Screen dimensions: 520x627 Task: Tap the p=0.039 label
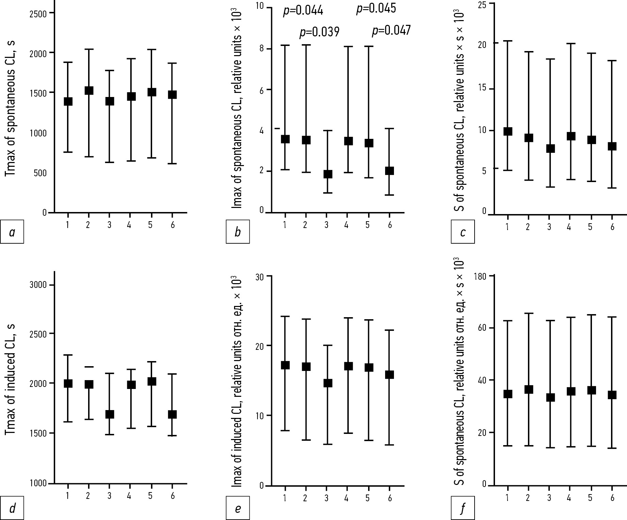point(319,32)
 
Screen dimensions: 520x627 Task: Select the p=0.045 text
point(376,9)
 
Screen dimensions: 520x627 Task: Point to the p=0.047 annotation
point(391,30)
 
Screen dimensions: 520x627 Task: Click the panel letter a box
point(12,232)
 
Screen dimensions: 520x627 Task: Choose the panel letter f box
point(463,508)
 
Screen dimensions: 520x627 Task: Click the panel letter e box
point(237,508)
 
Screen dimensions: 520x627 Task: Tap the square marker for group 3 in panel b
point(327,174)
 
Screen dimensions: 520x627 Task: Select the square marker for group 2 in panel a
point(89,91)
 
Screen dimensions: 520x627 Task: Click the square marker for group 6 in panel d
point(172,414)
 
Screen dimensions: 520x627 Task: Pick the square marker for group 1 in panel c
point(508,131)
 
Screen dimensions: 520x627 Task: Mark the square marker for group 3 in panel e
point(327,383)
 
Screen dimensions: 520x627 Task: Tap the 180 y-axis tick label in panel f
point(480,276)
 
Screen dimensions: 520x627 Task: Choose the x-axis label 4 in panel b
point(346,225)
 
